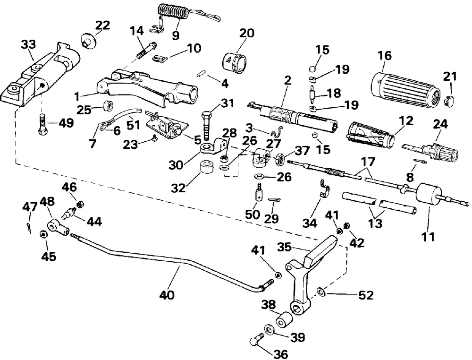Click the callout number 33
click(29, 44)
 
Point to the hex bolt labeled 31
click(207, 125)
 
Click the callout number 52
click(366, 295)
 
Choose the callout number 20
click(247, 33)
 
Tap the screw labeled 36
click(256, 339)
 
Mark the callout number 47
click(30, 207)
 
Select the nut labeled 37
click(280, 159)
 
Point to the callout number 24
click(440, 124)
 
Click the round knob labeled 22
click(88, 41)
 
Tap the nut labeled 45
click(43, 235)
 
